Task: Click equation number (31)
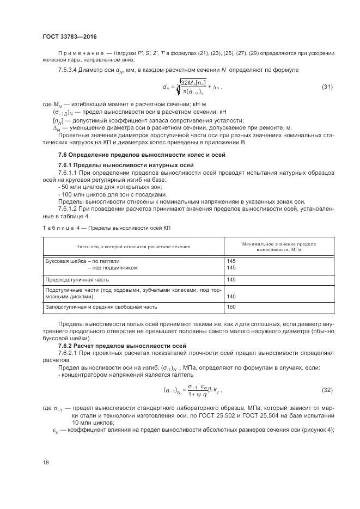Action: pos(327,87)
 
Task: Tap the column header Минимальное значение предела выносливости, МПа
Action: pos(279,247)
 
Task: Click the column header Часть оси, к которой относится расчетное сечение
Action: pos(133,247)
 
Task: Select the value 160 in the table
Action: pos(231,308)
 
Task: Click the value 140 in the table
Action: pos(231,297)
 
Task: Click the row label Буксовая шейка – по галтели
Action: pos(82,261)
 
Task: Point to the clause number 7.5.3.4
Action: pos(70,70)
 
